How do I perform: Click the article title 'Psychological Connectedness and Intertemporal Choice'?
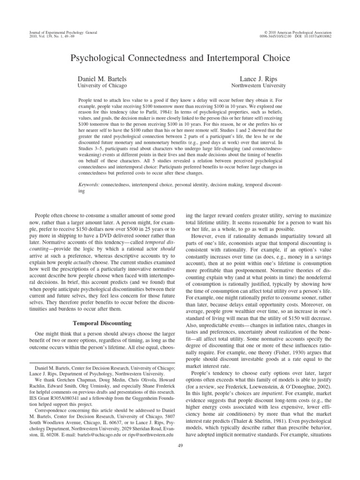click(180, 59)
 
